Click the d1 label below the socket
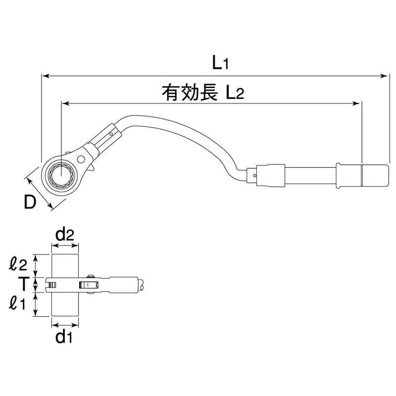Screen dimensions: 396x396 pos(65,339)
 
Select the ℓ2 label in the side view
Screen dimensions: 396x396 pos(20,264)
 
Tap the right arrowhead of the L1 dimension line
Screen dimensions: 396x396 pos(385,76)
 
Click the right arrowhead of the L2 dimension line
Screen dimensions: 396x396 pos(357,103)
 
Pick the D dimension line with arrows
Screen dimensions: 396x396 pos(38,190)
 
